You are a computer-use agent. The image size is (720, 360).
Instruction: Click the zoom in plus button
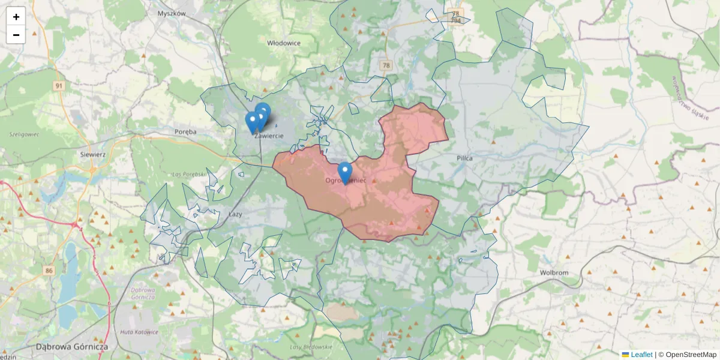tap(16, 17)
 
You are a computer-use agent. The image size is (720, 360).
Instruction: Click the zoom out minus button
tap(16, 35)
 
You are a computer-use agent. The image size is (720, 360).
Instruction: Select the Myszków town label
tap(172, 13)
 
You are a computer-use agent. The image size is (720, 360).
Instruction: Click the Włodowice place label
tap(284, 43)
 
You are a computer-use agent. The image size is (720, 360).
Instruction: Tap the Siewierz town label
tap(93, 154)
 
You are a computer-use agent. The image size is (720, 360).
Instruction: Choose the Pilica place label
tap(464, 158)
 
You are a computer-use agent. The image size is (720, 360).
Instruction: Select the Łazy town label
tap(235, 214)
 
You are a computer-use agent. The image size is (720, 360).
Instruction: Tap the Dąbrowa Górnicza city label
tap(71, 347)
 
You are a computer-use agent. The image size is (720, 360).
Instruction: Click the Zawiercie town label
tap(269, 136)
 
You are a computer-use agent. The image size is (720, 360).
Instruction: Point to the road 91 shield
tap(58, 86)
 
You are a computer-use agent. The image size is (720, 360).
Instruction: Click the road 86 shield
tap(49, 271)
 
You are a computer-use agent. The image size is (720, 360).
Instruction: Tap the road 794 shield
tap(456, 20)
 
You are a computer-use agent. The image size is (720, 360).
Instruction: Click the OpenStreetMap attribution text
tap(691, 355)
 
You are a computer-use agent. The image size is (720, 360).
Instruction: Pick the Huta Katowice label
tap(139, 332)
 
